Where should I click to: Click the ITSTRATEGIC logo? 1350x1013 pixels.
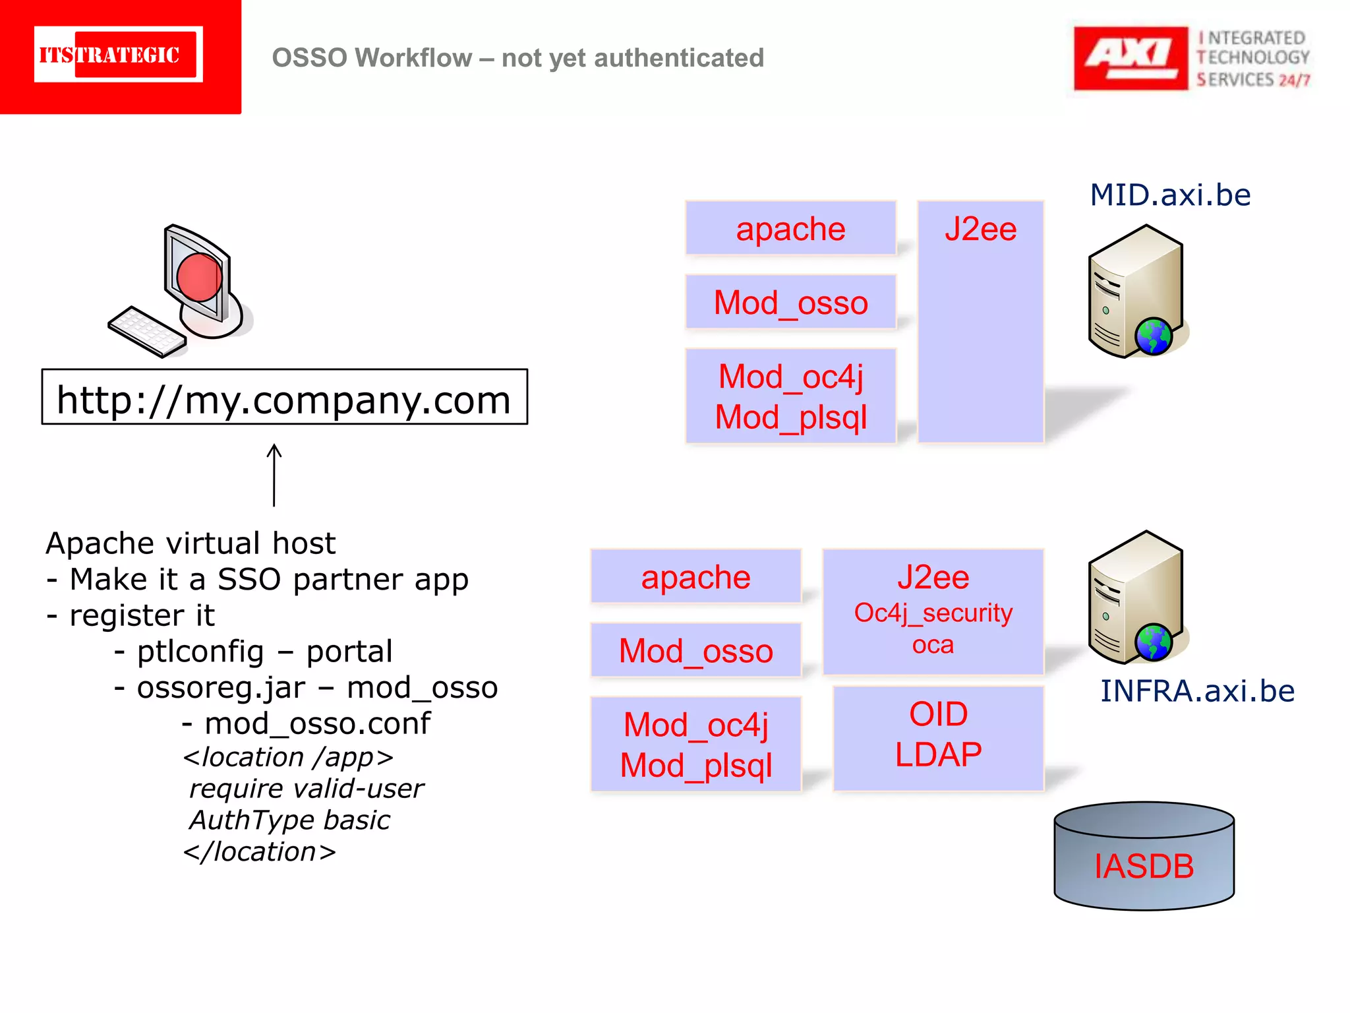point(119,55)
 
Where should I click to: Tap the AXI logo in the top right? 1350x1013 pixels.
point(1130,58)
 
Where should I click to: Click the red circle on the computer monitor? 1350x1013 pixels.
point(199,278)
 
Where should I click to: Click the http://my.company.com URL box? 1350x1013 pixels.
point(284,398)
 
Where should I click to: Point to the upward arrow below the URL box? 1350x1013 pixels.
point(274,475)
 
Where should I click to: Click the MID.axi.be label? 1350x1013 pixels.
point(1170,195)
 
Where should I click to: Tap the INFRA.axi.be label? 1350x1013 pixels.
point(1197,691)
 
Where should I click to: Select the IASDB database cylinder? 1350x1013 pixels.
point(1144,857)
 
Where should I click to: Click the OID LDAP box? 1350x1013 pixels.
point(938,737)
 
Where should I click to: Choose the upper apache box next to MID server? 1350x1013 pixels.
point(790,229)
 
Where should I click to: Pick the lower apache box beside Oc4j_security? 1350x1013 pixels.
point(695,577)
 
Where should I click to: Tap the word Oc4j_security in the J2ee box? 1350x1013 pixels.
point(933,613)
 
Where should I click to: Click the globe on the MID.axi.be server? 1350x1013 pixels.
point(1154,336)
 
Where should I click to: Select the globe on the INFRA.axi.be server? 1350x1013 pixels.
point(1154,642)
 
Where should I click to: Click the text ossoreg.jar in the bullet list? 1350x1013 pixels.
point(221,688)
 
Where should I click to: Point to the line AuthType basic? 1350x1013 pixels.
point(289,820)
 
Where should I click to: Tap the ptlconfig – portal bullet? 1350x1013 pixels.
point(264,652)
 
